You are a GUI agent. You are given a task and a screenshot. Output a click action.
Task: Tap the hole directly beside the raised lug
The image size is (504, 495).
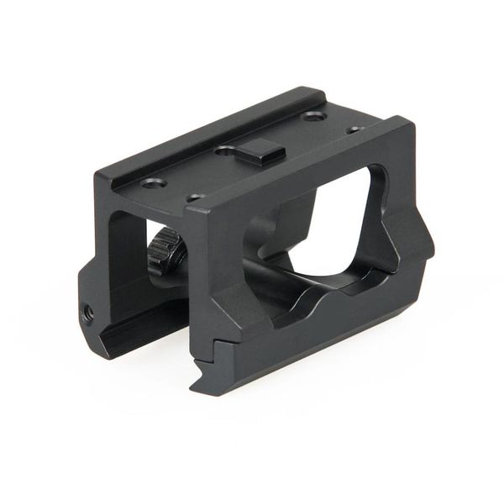coord(226,151)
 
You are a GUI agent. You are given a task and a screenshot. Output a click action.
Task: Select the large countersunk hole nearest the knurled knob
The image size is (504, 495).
coord(152,183)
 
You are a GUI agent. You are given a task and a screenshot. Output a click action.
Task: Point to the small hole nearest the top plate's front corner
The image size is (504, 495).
coord(196,198)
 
